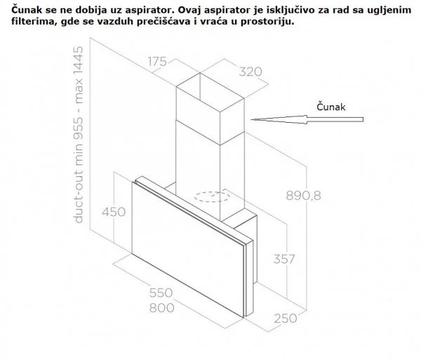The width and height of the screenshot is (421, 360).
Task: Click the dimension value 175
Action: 157,62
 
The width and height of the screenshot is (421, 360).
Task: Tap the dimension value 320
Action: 250,72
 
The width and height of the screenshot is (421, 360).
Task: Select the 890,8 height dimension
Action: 303,196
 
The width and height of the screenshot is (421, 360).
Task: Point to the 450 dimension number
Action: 114,212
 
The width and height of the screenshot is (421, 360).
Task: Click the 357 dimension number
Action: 284,259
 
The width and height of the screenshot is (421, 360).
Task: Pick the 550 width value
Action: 161,293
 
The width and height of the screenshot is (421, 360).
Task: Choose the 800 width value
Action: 161,307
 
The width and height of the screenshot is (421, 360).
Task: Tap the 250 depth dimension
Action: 286,319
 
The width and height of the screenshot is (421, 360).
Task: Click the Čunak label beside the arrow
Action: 330,107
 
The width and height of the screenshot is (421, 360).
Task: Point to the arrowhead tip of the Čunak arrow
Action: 251,119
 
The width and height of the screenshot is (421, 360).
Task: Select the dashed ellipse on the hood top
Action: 212,196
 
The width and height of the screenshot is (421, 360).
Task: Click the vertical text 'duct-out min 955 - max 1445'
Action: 79,135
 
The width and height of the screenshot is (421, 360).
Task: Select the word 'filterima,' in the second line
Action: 34,22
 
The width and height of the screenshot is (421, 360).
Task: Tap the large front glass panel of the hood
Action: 188,249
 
